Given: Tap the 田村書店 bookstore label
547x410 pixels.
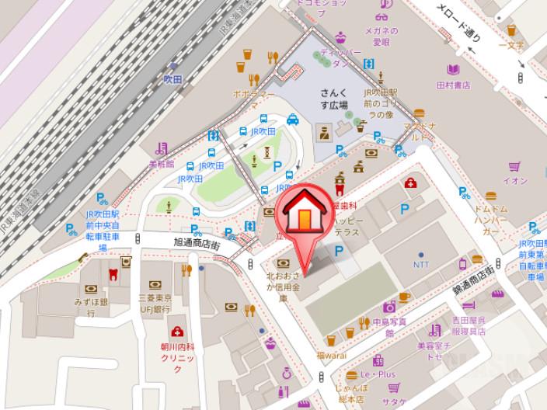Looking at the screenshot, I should coord(454,85).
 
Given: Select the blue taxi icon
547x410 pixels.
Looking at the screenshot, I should coord(292,120).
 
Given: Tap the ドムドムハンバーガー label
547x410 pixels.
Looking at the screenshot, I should coord(491,221).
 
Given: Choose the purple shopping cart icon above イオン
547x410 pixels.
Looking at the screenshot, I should coord(514,166).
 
